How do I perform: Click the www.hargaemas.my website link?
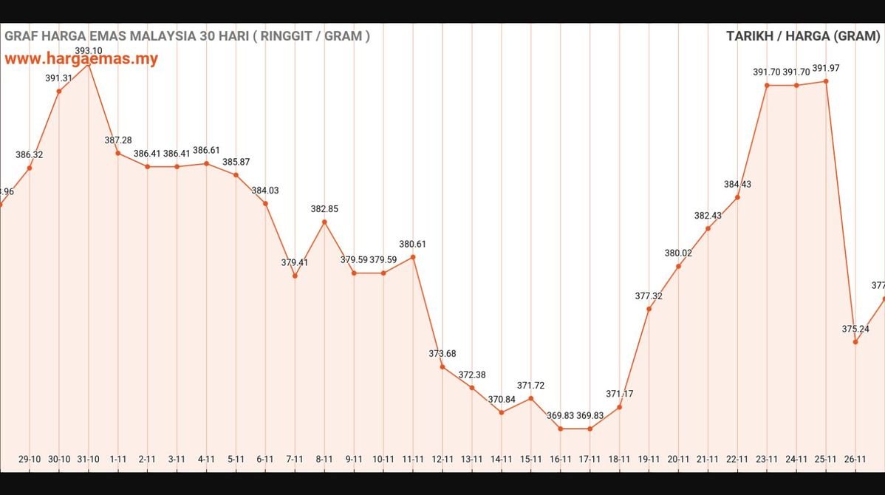pos(81,58)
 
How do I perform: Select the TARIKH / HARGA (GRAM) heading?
pos(803,36)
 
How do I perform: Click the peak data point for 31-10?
pos(89,65)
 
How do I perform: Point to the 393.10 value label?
pos(89,51)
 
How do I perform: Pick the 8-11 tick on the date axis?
pos(324,459)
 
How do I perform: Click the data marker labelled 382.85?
pos(324,222)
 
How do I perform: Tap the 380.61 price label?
pos(412,244)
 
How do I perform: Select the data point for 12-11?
pos(442,366)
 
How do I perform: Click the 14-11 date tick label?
pos(502,459)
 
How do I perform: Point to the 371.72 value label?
pos(530,386)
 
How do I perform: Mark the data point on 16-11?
pos(561,429)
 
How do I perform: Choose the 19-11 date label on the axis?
pos(649,459)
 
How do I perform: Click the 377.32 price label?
pos(649,296)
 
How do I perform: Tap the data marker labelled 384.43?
pos(737,197)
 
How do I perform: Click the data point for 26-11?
pos(855,341)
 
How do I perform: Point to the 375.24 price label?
pos(855,329)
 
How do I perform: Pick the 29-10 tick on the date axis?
pos(30,459)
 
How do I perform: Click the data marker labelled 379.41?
pos(295,276)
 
